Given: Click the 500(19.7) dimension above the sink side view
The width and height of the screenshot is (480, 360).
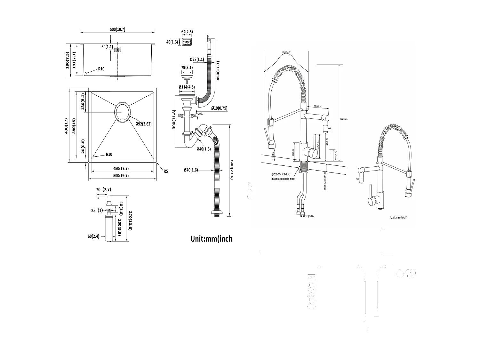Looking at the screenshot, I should [117, 29].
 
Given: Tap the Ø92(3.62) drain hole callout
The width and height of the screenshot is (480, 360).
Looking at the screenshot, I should [143, 124].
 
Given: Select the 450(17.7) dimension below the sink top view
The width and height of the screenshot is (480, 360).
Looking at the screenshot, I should [121, 169].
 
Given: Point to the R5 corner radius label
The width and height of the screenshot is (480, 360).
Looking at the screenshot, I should [166, 172].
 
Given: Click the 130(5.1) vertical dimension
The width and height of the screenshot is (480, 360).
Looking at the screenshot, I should [83, 102].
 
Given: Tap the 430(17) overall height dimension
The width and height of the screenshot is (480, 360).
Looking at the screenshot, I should [66, 126].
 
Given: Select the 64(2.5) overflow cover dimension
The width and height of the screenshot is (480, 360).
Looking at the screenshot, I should [187, 32].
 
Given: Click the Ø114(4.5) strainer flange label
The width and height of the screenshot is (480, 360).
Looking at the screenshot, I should [187, 87].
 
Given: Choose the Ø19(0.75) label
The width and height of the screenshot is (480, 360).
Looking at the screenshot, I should [219, 108].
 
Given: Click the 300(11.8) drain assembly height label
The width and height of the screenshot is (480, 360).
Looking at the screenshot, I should [174, 120].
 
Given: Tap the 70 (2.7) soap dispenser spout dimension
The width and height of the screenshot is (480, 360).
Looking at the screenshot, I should [103, 189].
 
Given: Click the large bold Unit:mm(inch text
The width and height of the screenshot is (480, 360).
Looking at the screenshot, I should [211, 239].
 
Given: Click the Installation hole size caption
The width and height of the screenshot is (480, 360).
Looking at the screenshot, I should [283, 179].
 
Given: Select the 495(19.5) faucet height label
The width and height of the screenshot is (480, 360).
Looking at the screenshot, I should [344, 119].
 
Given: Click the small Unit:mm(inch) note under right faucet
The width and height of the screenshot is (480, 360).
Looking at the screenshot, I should [398, 217].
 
